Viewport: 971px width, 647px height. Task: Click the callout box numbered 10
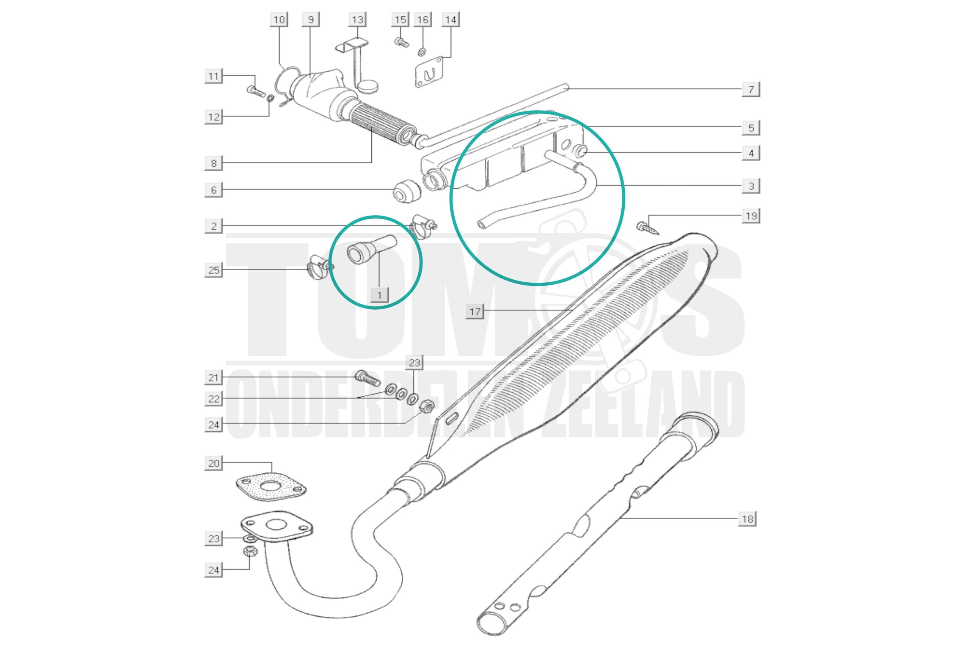click(279, 19)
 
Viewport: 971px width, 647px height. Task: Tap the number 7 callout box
click(751, 89)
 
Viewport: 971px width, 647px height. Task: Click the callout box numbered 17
click(475, 311)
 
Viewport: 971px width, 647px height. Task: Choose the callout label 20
click(214, 464)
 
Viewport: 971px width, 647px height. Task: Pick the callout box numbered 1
click(379, 295)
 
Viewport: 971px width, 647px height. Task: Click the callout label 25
click(214, 270)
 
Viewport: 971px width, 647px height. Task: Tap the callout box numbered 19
click(751, 216)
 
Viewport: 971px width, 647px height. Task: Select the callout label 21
click(214, 377)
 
